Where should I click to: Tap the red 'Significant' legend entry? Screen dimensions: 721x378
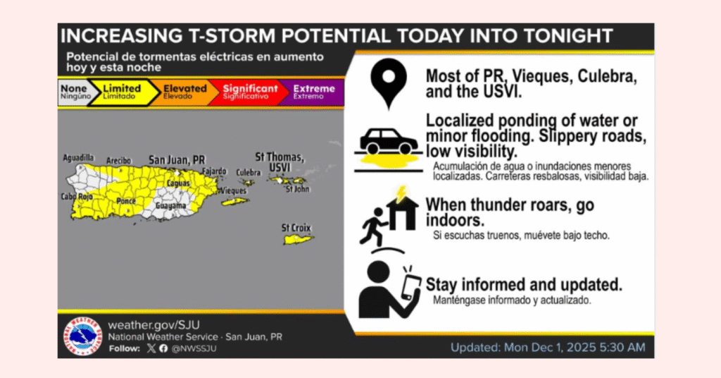pyautogui.click(x=250, y=92)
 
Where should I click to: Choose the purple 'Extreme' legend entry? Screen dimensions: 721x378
pyautogui.click(x=313, y=92)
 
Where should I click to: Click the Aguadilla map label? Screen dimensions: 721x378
pyautogui.click(x=78, y=158)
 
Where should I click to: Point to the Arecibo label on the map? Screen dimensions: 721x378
pyautogui.click(x=118, y=161)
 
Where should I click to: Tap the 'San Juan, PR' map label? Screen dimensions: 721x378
pyautogui.click(x=177, y=160)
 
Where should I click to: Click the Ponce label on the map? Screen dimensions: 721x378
pyautogui.click(x=126, y=201)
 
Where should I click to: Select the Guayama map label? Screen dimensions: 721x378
pyautogui.click(x=170, y=206)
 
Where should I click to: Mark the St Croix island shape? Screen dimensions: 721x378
pyautogui.click(x=298, y=239)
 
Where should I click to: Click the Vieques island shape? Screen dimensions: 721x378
pyautogui.click(x=235, y=201)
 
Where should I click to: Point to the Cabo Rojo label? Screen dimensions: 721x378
pyautogui.click(x=77, y=197)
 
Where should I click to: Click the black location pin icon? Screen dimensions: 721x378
pyautogui.click(x=389, y=83)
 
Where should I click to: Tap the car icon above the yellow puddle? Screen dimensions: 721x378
pyautogui.click(x=389, y=141)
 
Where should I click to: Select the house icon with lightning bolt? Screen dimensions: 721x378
pyautogui.click(x=402, y=209)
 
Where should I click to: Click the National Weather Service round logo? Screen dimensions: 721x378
pyautogui.click(x=83, y=336)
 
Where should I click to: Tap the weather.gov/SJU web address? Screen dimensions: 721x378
pyautogui.click(x=154, y=325)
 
